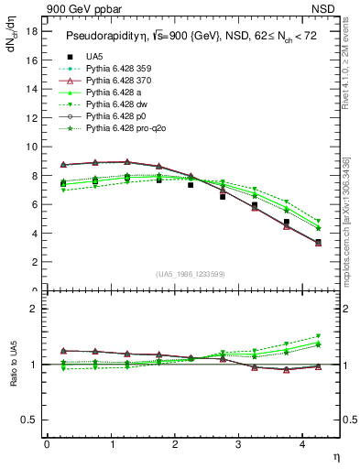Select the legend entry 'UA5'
pos(95,57)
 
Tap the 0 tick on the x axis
pos(47,444)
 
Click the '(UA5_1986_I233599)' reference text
pos(191,274)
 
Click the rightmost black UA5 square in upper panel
pos(318,243)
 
